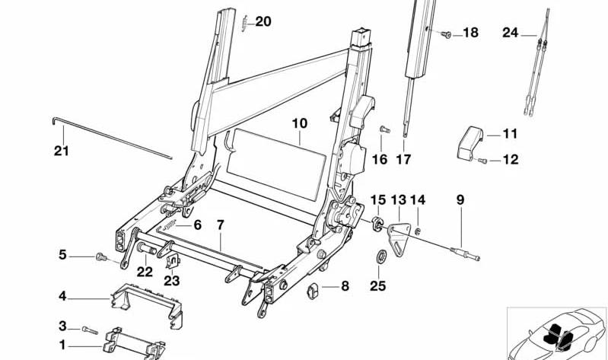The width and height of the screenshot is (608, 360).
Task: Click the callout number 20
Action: click(263, 22)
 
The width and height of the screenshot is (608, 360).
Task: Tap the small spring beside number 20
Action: click(244, 24)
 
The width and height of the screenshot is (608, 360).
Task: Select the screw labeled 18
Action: click(446, 34)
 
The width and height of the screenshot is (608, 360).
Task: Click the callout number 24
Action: click(511, 32)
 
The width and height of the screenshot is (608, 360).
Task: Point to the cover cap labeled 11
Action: click(470, 143)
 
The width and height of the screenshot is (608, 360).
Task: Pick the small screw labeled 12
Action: click(482, 161)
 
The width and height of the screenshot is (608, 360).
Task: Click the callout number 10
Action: click(299, 123)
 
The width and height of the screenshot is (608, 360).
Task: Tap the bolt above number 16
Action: click(384, 129)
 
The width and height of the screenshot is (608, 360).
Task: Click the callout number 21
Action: click(62, 150)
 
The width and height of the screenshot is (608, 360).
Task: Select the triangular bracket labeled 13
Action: click(399, 238)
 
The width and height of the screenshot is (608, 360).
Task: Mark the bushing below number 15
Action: click(377, 224)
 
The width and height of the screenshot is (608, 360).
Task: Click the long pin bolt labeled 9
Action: click(465, 253)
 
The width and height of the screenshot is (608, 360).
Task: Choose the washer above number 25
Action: click(381, 256)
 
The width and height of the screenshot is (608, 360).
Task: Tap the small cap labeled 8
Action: click(313, 291)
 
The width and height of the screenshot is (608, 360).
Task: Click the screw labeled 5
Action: click(100, 256)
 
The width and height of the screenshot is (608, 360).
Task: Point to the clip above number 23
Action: click(173, 262)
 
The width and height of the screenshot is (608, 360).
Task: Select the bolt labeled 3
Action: click(90, 330)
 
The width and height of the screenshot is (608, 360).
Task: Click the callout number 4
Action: click(62, 296)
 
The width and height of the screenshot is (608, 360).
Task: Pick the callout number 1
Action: click(62, 345)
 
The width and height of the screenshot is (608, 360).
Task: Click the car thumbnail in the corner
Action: click(557, 334)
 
